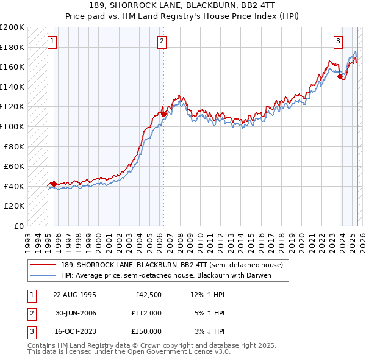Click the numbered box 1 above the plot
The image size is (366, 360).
52,41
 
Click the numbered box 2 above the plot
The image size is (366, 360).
162,41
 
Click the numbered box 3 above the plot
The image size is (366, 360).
337,41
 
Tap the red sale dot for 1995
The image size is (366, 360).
54,184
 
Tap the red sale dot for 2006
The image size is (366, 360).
163,113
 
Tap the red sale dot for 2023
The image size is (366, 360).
339,76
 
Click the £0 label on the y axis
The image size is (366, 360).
19,226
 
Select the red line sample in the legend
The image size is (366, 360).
43,265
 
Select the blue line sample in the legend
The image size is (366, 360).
43,275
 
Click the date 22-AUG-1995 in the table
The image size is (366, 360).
74,295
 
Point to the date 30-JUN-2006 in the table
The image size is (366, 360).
74,313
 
